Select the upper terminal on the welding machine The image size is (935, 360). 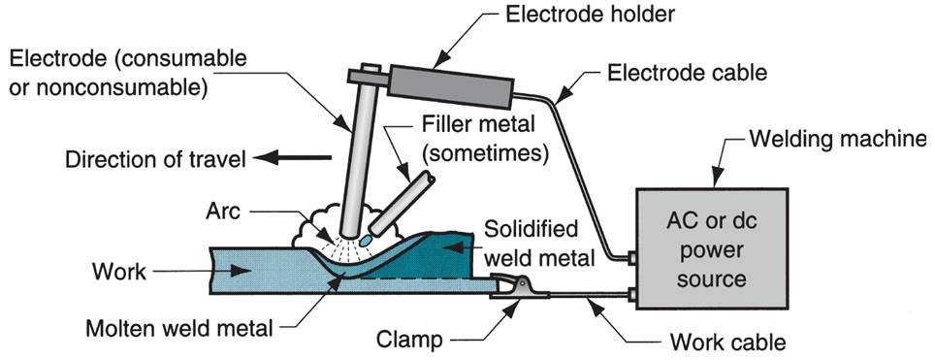(x=631, y=257)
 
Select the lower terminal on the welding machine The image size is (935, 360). (x=631, y=292)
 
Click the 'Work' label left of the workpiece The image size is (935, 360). (x=119, y=272)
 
